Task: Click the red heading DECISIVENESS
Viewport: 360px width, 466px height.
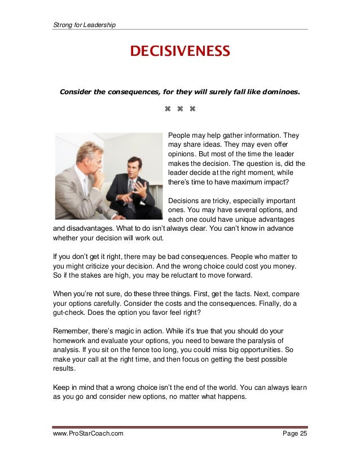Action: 180,52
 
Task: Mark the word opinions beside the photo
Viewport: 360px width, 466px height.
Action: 184,154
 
